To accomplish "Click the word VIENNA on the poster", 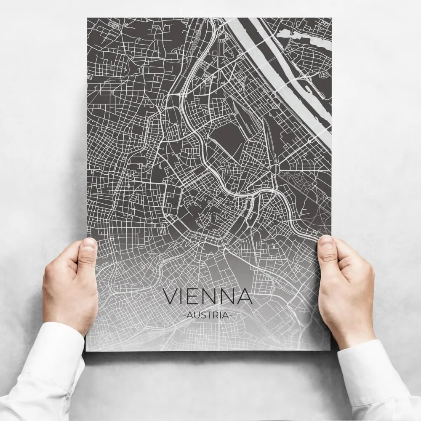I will (x=208, y=296).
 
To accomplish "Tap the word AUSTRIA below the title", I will (x=208, y=315).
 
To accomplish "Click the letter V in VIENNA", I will (x=171, y=296).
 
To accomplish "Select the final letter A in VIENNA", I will (x=245, y=296).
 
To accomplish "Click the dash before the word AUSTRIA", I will (x=186, y=315).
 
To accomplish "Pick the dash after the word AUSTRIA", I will (x=230, y=315).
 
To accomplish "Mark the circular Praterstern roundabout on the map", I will (x=275, y=169).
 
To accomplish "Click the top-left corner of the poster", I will (x=88, y=18).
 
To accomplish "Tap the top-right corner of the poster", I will (x=331, y=18).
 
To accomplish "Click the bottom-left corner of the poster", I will (x=86, y=350).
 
